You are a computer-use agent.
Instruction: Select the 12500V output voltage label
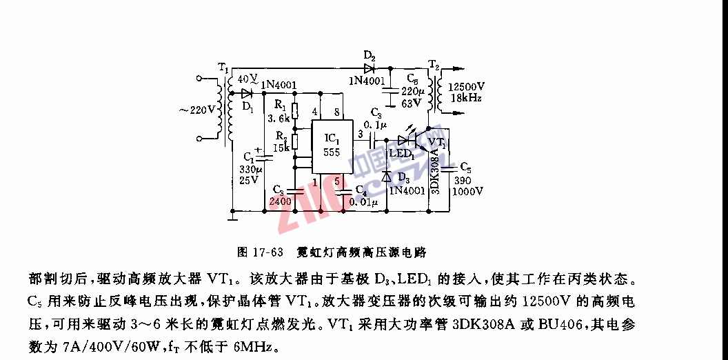pyautogui.click(x=467, y=88)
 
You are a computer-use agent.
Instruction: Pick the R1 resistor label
pyautogui.click(x=279, y=106)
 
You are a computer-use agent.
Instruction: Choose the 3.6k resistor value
pyautogui.click(x=278, y=118)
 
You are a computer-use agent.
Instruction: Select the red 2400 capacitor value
pyautogui.click(x=281, y=201)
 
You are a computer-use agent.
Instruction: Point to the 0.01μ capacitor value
pyautogui.click(x=364, y=202)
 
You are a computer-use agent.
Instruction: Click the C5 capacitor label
pyautogui.click(x=466, y=168)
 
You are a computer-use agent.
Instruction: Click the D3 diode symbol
pyautogui.click(x=387, y=176)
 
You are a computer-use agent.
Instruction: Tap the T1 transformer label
pyautogui.click(x=223, y=67)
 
